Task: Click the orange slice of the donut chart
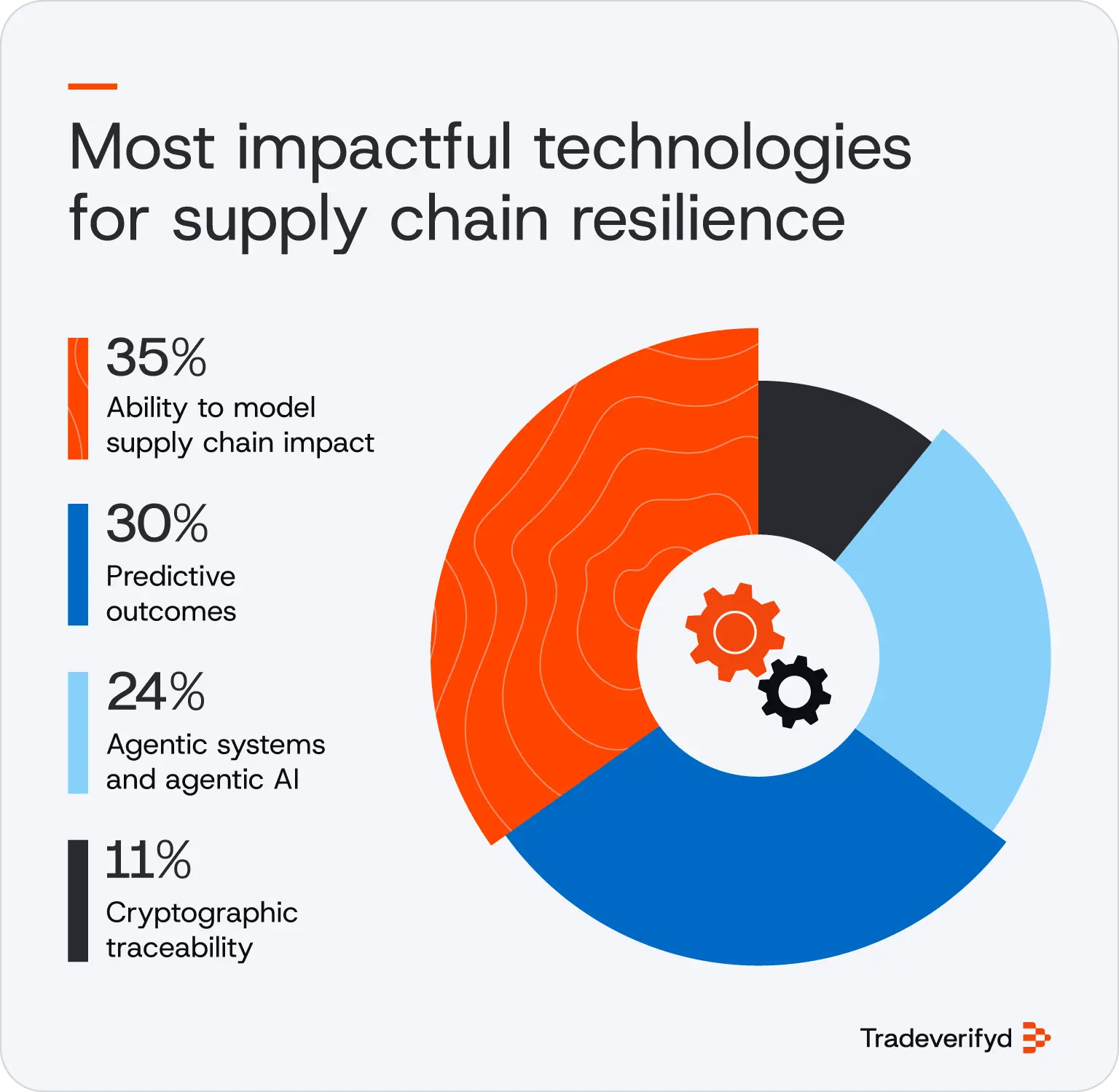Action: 554,582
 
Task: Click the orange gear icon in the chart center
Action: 734,632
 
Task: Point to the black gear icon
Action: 794,692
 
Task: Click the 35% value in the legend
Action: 156,357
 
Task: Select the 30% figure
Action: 157,523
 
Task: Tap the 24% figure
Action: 155,692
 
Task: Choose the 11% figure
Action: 148,860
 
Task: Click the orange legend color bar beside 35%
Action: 78,398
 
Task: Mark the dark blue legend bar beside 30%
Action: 78,564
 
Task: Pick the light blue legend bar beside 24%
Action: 78,732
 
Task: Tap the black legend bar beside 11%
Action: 78,901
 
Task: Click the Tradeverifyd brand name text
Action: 935,1038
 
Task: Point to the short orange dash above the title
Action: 93,86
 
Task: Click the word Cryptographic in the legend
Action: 202,913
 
